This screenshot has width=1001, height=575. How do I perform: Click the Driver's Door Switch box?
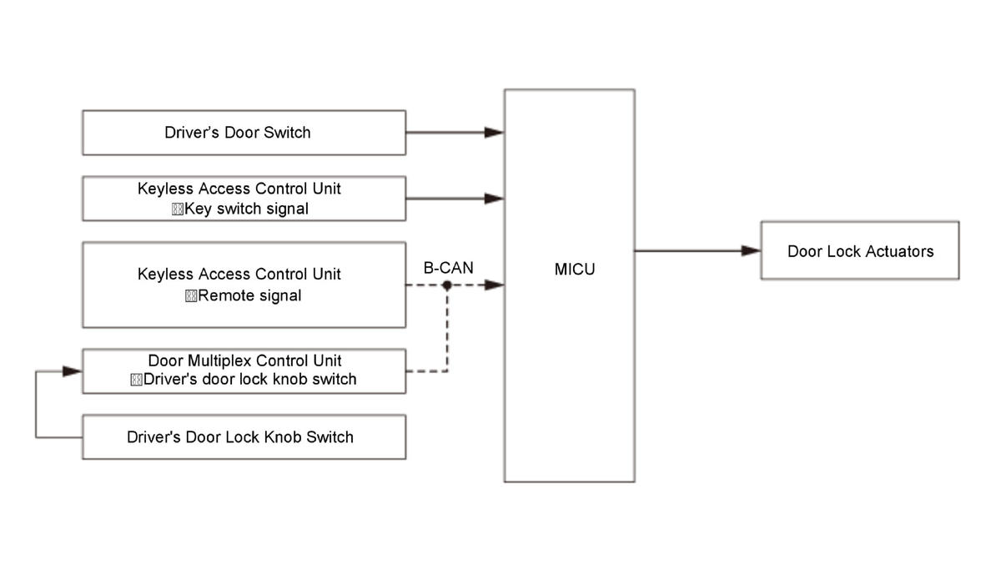[244, 133]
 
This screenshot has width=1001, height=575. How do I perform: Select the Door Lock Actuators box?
[860, 250]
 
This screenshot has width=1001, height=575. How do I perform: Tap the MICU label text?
[575, 270]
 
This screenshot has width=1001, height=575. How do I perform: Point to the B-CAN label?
[448, 268]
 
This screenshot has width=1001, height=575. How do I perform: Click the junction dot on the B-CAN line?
[447, 285]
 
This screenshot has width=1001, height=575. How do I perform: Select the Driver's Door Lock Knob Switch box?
[244, 436]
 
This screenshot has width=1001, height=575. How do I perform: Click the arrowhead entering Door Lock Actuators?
[751, 250]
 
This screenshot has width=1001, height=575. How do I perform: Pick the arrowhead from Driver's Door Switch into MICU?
[494, 133]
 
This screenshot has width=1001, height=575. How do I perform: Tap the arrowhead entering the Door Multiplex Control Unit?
[73, 371]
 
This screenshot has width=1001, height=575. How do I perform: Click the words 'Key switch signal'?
[246, 209]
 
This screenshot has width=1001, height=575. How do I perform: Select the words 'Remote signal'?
[249, 295]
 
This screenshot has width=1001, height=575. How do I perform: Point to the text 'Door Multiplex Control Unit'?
[244, 361]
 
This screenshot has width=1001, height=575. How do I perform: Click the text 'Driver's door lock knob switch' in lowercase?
[249, 379]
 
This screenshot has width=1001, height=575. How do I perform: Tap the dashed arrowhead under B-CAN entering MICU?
[494, 285]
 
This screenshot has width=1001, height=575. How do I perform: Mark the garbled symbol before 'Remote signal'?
[191, 296]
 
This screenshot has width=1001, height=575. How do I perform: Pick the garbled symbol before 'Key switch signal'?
[178, 209]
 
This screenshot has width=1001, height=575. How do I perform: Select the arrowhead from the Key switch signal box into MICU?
[494, 198]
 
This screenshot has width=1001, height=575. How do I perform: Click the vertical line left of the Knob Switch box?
[36, 404]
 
